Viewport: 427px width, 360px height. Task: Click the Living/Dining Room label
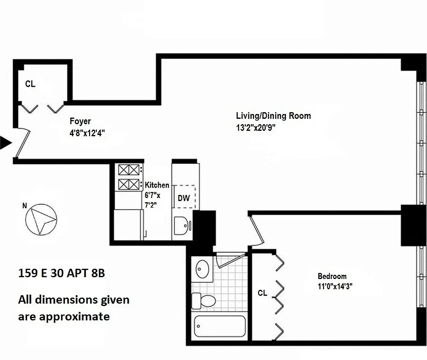273,116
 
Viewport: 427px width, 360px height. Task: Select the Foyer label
80,121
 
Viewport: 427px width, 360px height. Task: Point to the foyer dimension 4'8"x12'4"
87,133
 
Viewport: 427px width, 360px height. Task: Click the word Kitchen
157,185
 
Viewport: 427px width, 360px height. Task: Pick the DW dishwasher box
184,197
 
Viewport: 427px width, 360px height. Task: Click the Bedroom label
332,276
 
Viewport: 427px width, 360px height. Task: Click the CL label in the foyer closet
30,84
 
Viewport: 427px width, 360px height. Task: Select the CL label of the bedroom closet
263,293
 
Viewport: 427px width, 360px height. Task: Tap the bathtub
220,326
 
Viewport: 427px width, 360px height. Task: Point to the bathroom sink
203,269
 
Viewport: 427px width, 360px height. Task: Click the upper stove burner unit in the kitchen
129,170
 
